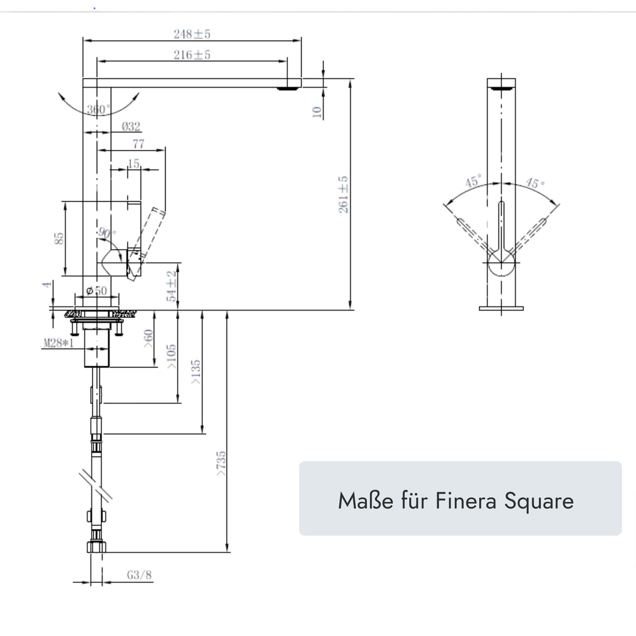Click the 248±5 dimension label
point(192,34)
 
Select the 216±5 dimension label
point(192,54)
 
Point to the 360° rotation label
point(98,109)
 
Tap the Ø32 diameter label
point(130,126)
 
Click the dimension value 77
point(138,144)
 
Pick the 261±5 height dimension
point(344,194)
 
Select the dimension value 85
point(60,238)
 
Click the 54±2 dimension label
point(171,287)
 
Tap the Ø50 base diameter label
point(96,291)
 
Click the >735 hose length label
point(221,463)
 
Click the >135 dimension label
point(196,372)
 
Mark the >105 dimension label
point(172,357)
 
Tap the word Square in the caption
point(539,501)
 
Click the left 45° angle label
point(473,182)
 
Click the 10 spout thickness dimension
point(316,112)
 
